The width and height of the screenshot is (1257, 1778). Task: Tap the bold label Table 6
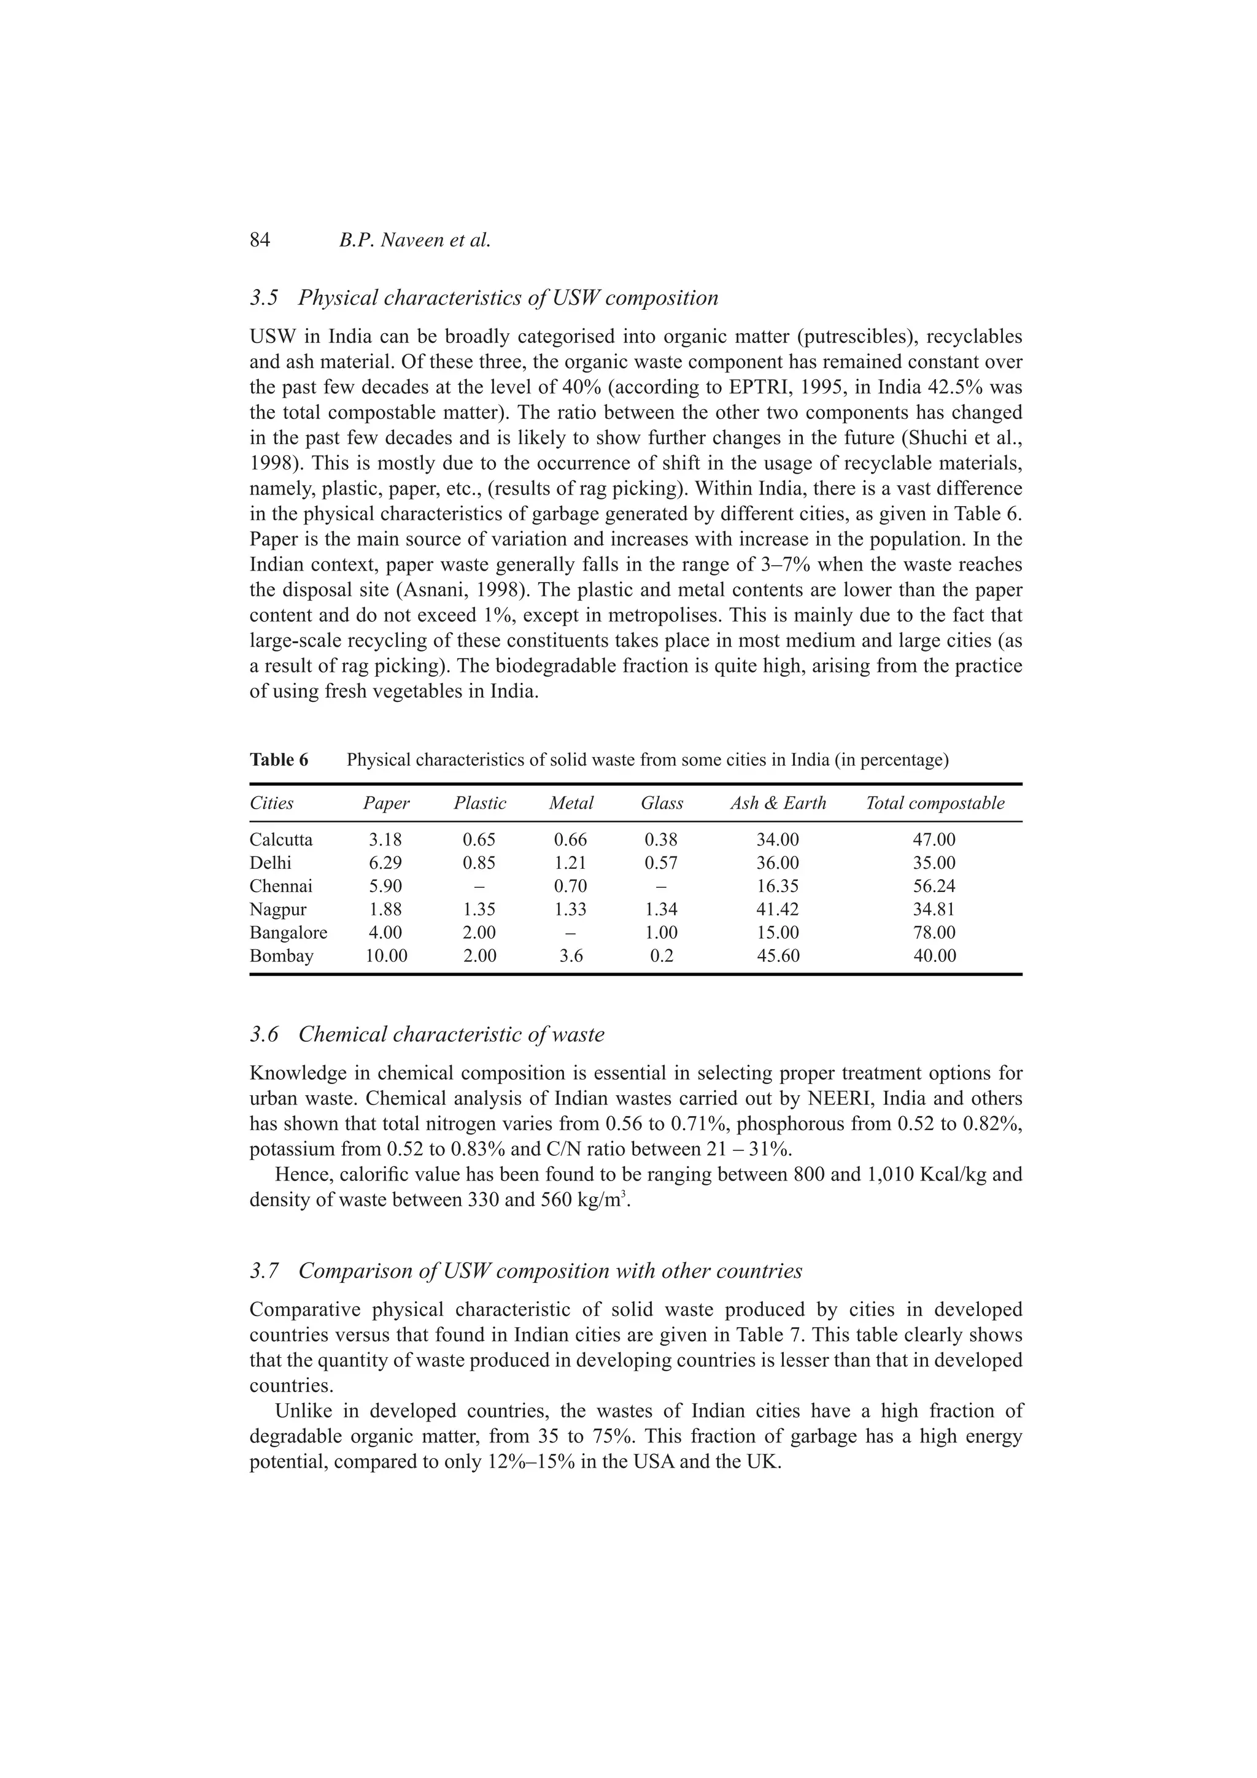pos(279,760)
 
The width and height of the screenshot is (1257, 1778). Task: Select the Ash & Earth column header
pos(778,803)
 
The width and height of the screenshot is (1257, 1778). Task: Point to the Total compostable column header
pos(935,803)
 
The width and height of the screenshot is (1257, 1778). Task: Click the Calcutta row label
pos(281,840)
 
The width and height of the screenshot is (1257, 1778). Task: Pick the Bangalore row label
pos(288,933)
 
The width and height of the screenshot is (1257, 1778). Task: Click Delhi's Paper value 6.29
pos(385,863)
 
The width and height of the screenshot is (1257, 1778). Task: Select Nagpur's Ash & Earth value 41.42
pos(778,910)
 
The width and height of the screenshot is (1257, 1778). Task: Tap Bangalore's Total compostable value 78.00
pos(934,933)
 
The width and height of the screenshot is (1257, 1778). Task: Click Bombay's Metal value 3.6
pos(571,956)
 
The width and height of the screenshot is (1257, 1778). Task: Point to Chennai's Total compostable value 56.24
pos(934,887)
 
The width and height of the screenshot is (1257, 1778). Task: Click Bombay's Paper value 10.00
pos(385,956)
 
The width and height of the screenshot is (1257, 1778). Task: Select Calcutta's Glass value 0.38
pos(662,840)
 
